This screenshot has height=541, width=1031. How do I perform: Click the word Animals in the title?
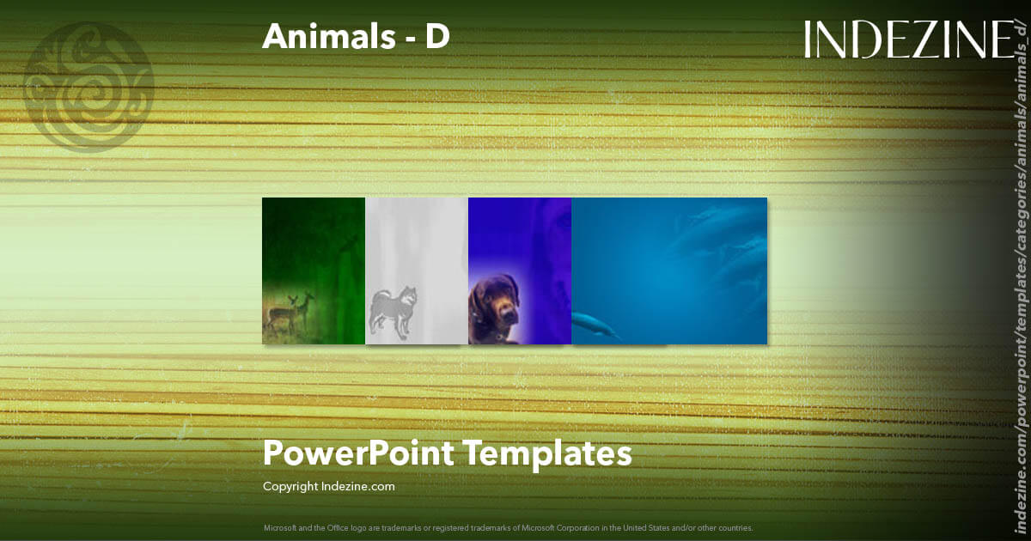tap(321, 36)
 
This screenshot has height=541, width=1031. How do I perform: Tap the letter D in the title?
tap(437, 36)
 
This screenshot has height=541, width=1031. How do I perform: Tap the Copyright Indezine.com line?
tap(328, 487)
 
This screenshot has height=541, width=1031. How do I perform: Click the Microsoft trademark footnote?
tap(509, 527)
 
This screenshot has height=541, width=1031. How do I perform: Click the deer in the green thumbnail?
tap(290, 311)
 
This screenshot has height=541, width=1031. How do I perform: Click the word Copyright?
tap(290, 487)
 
